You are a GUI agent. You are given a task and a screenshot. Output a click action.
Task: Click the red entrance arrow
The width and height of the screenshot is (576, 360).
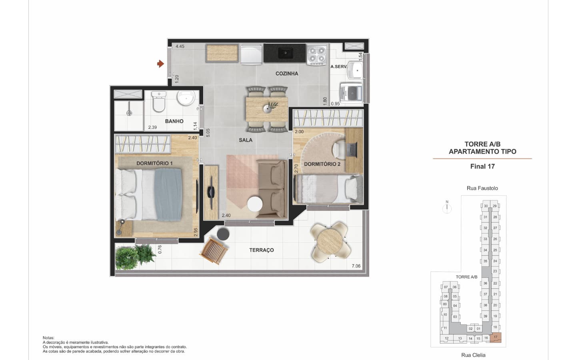coord(160,64)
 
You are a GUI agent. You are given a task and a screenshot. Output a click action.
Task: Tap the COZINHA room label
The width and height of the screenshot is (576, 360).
coord(287,74)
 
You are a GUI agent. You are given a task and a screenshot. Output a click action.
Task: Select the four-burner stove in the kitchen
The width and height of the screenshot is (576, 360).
coord(317,54)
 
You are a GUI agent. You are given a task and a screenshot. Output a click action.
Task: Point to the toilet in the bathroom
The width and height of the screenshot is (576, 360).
coord(159,101)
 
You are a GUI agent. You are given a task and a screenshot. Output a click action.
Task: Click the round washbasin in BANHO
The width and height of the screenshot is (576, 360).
coord(186,98)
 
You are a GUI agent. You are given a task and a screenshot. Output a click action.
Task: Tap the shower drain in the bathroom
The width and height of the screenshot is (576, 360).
coord(129,113)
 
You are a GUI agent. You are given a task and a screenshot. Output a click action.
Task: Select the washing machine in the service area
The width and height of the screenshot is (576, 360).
coord(351,92)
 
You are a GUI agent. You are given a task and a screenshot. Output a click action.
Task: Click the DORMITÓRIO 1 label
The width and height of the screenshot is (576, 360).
coord(154,163)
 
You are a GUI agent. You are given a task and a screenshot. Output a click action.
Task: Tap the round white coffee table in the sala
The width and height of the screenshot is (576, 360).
coord(255,204)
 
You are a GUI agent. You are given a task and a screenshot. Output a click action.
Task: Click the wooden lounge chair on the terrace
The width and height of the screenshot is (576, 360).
coord(214,251)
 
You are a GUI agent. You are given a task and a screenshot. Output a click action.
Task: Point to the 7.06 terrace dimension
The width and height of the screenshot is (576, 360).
coord(356,266)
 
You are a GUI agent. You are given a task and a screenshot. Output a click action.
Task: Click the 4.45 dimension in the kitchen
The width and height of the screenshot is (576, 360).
coord(180,46)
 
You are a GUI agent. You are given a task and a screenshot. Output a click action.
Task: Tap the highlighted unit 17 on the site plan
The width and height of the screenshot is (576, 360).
coord(496,338)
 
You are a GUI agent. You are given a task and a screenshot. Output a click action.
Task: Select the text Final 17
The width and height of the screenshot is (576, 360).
coord(482,166)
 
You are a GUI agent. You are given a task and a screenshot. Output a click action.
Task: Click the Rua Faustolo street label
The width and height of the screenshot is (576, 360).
coord(482,188)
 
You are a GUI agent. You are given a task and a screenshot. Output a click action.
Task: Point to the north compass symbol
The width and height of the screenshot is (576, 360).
coord(447,207)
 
